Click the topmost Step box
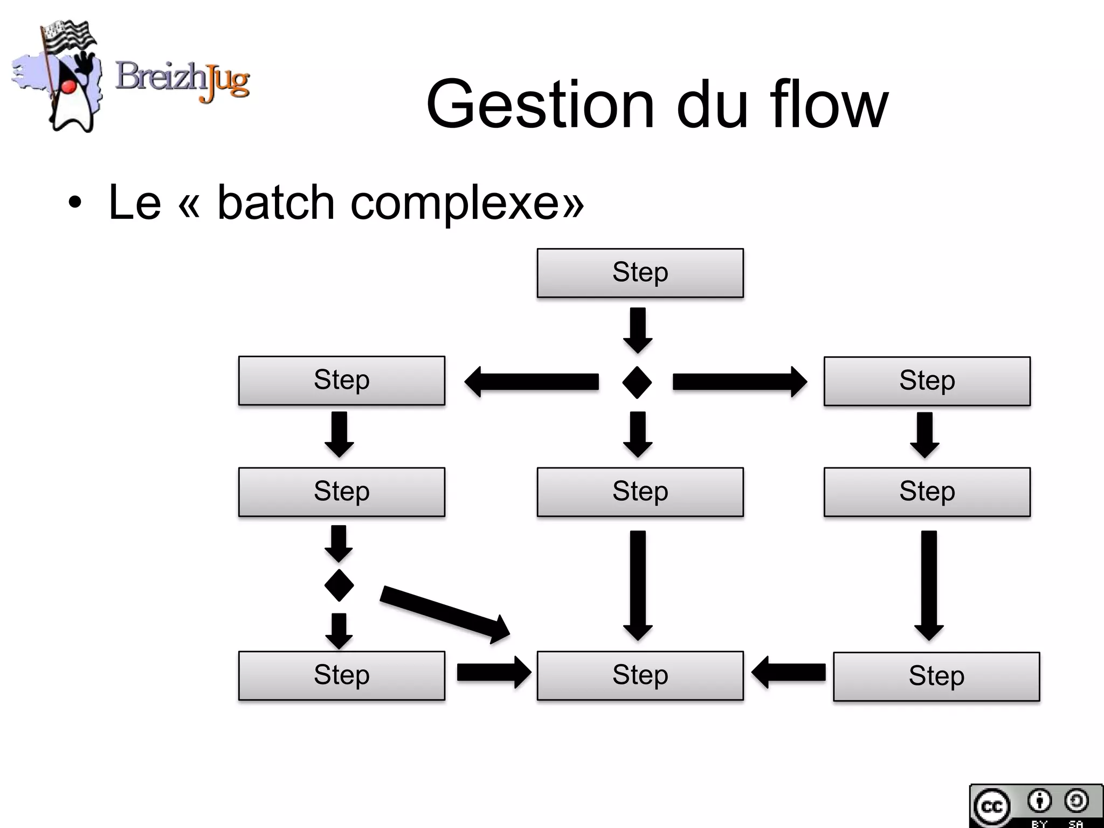[640, 273]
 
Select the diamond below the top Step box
[637, 382]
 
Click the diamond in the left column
[339, 585]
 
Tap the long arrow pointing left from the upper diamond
[531, 382]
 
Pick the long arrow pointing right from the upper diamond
[740, 382]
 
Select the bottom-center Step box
[640, 675]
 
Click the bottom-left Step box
[341, 675]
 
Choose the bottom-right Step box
[936, 677]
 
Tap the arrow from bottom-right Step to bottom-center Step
[788, 672]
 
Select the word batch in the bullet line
[276, 203]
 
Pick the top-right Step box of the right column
[927, 381]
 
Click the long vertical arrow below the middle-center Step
[638, 585]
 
